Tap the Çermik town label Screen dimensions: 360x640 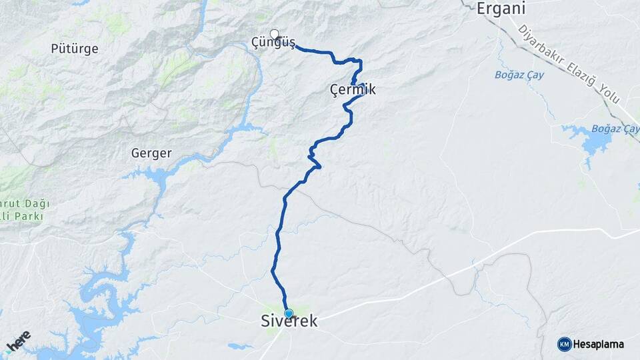click(x=353, y=89)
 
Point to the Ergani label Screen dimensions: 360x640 click(x=501, y=9)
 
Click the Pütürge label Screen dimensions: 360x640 click(x=75, y=49)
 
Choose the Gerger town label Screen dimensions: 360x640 click(x=151, y=153)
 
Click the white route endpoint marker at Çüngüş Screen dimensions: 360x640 click(x=274, y=33)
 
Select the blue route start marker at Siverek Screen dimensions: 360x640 click(x=289, y=313)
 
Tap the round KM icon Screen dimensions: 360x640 click(x=564, y=344)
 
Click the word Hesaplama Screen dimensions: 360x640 click(x=598, y=345)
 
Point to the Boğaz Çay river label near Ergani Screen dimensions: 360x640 click(x=519, y=75)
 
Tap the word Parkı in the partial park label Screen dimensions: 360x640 click(x=30, y=217)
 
